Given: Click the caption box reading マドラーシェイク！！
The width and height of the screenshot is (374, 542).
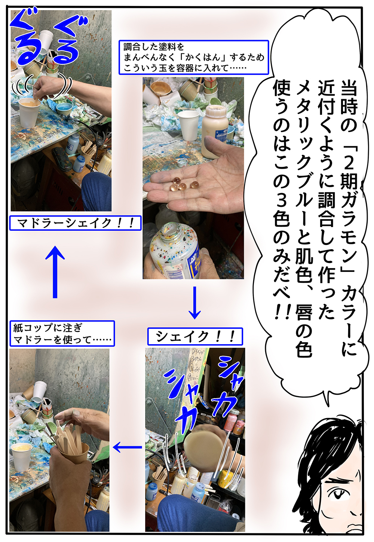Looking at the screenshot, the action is pyautogui.click(x=75, y=223).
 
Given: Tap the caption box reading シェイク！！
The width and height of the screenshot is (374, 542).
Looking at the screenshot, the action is pyautogui.click(x=195, y=336).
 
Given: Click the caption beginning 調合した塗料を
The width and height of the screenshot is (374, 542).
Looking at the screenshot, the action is pyautogui.click(x=193, y=57).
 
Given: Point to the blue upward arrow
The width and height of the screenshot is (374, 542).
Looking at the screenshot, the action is pyautogui.click(x=55, y=272).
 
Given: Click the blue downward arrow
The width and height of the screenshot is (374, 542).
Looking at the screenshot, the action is pyautogui.click(x=195, y=303).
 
